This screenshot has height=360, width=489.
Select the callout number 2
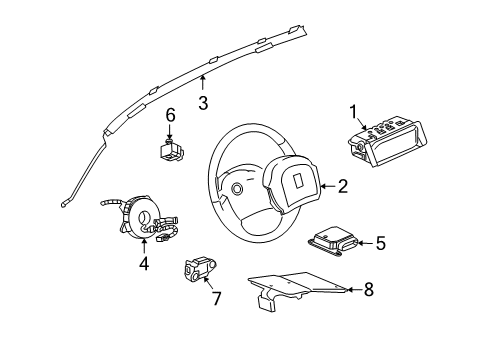[342, 185]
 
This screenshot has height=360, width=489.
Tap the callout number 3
[203, 102]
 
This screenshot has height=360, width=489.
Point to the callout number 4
[143, 265]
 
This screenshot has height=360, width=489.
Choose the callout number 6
[170, 115]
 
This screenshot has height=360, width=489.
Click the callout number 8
[368, 291]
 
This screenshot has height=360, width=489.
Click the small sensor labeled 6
[170, 150]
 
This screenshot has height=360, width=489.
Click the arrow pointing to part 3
[203, 83]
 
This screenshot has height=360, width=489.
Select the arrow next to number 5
[360, 242]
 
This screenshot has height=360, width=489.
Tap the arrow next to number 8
[346, 291]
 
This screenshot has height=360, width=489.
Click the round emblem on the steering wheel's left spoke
[236, 188]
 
